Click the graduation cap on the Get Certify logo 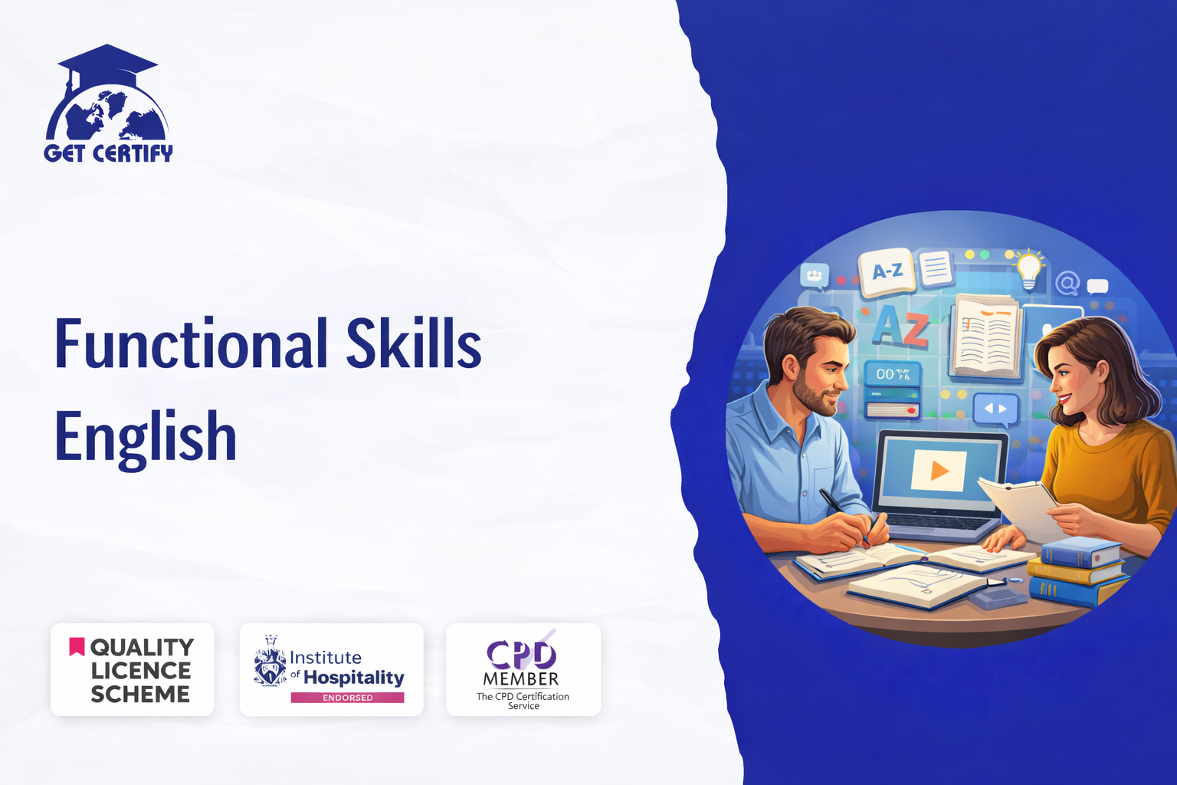(107, 63)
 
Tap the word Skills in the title (414, 342)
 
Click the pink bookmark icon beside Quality (77, 646)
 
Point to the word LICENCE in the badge (141, 671)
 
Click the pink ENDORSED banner (347, 698)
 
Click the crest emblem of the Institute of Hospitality (270, 661)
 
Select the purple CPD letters (521, 654)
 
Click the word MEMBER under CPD (521, 679)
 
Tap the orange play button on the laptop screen (939, 471)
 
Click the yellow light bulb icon (1029, 269)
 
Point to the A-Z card (887, 272)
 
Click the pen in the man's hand (844, 514)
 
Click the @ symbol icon (1067, 284)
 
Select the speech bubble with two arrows (995, 409)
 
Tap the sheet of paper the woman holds (1017, 507)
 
